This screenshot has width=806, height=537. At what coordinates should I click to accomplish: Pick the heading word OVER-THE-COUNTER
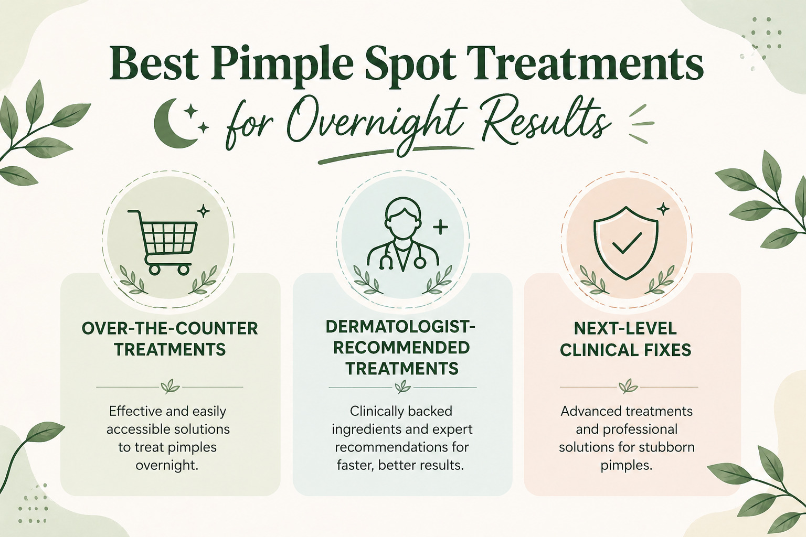coord(170,328)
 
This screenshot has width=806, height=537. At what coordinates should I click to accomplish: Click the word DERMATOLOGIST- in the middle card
coord(401,327)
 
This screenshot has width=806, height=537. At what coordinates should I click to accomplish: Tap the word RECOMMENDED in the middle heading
coord(401,348)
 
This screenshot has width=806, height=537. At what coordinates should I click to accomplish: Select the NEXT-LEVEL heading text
coord(625,328)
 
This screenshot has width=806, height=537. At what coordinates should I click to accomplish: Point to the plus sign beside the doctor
coord(440,227)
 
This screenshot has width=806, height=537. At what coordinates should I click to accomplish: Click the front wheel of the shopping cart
coord(184,270)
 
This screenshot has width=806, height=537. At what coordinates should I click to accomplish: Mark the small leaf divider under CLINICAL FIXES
coord(628,387)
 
